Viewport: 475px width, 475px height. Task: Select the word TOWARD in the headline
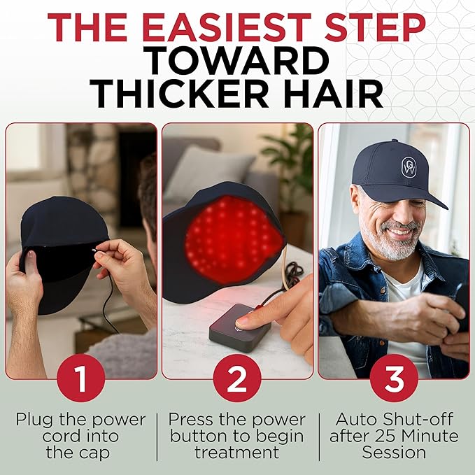pos(238,60)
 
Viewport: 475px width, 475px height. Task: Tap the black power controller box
pos(239,327)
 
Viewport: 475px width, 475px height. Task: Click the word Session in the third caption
pos(394,453)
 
